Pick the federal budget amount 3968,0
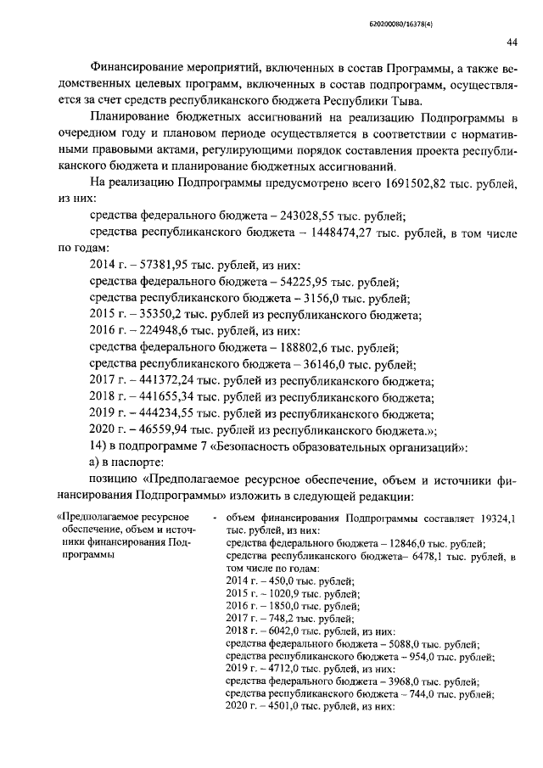click(x=398, y=681)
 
